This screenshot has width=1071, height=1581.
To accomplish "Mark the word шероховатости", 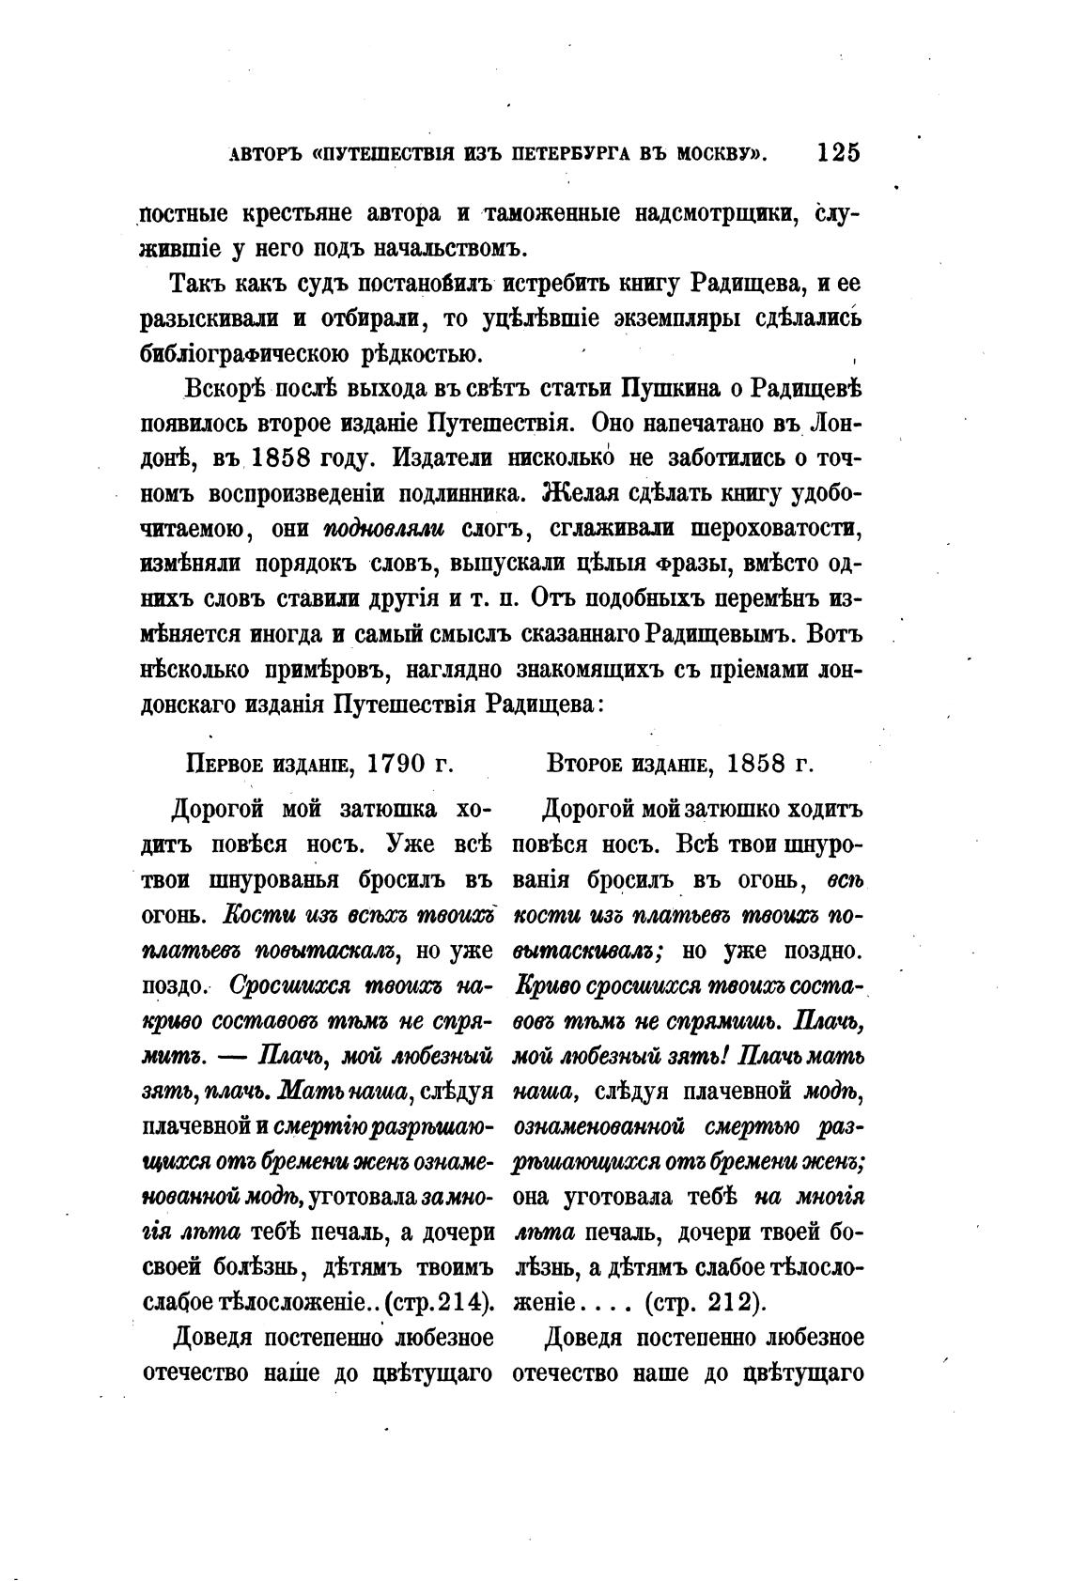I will [x=776, y=528].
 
